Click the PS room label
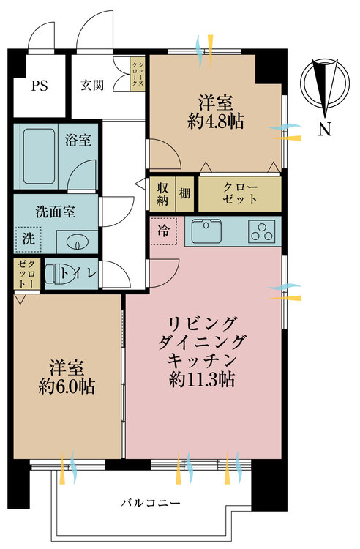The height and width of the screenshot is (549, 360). tap(40, 86)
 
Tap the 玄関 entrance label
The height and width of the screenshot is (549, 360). tap(92, 85)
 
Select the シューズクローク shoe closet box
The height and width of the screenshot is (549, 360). tap(137, 74)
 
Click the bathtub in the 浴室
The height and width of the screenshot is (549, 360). tap(40, 156)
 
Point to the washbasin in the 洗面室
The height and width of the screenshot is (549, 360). tap(75, 241)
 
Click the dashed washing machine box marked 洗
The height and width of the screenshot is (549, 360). tap(29, 239)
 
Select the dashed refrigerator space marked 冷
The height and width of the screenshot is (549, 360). tap(163, 231)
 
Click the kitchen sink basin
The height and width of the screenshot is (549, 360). tap(206, 231)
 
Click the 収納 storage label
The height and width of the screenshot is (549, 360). tap(162, 194)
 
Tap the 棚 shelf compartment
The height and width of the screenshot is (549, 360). tap(184, 194)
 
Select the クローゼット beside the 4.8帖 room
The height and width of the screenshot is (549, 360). tap(240, 194)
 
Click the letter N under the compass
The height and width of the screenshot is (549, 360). tap(325, 130)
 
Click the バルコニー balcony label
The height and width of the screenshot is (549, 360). tap(151, 503)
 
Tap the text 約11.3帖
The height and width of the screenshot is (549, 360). tap(202, 378)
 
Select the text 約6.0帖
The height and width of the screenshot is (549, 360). tap(67, 386)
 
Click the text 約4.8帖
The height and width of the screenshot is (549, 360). tap(216, 121)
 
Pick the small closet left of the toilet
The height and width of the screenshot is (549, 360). tap(27, 274)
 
